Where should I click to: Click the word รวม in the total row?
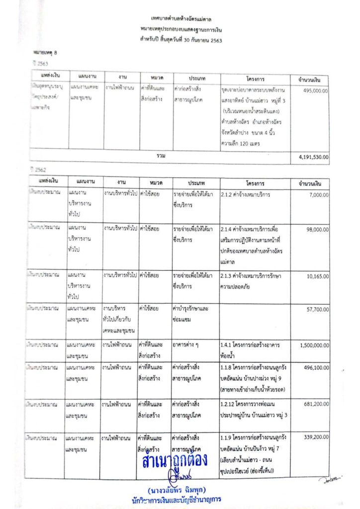161,156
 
